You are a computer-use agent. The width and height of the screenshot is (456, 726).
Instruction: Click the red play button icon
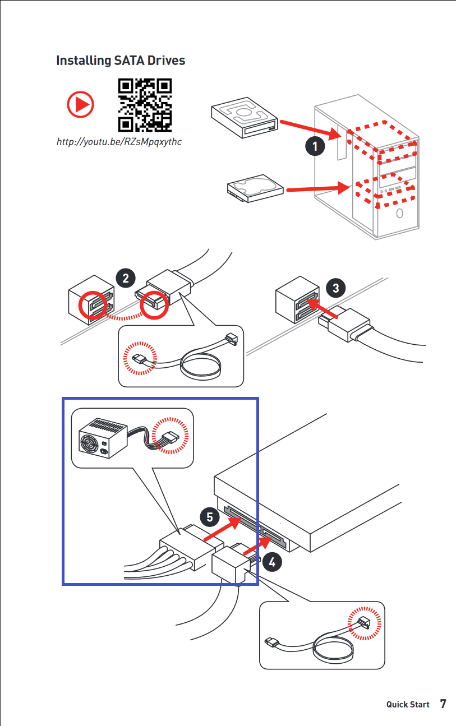80,104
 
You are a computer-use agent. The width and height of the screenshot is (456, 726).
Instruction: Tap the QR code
145,105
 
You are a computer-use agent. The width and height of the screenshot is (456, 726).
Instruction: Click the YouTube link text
119,142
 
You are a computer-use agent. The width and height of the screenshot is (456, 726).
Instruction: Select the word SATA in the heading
130,61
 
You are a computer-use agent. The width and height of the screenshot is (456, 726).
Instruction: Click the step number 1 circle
315,146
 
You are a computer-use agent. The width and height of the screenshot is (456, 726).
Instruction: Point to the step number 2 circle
126,278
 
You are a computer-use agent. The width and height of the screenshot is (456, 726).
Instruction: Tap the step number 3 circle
335,288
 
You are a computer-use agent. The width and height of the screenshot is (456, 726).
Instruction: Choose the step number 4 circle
272,562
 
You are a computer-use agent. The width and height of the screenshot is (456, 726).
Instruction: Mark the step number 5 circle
210,517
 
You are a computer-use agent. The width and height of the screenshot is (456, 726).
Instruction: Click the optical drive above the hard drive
245,117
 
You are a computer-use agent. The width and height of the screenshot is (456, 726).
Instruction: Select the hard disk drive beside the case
255,188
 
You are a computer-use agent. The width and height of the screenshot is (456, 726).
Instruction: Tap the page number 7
443,704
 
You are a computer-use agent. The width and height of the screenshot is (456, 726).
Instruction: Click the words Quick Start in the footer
408,704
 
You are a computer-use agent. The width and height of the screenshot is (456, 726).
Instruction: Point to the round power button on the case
399,213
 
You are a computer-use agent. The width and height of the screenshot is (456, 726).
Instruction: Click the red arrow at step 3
322,308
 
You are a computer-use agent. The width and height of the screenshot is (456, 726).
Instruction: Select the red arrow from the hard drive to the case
318,188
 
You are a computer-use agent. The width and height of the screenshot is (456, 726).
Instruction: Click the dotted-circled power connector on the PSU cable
171,435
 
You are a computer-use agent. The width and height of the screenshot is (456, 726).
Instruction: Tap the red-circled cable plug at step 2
154,304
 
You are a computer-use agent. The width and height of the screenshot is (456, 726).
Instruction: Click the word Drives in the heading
166,61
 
